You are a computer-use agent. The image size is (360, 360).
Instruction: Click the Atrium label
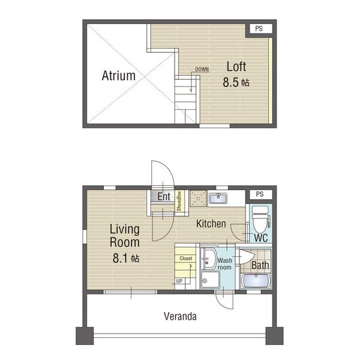pyautogui.click(x=118, y=76)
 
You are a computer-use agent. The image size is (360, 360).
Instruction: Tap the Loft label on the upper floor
pyautogui.click(x=236, y=67)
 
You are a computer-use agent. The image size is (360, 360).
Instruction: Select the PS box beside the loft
pyautogui.click(x=259, y=29)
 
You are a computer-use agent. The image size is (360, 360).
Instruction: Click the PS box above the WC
pyautogui.click(x=260, y=194)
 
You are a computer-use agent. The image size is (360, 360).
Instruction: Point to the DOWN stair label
pyautogui.click(x=202, y=69)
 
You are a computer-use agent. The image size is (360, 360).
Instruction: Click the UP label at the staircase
pyautogui.click(x=179, y=281)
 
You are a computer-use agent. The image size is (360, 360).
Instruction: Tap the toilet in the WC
pyautogui.click(x=260, y=219)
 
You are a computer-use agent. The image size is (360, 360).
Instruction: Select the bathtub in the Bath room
pyautogui.click(x=256, y=281)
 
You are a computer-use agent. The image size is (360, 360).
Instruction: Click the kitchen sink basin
pyautogui.click(x=218, y=198)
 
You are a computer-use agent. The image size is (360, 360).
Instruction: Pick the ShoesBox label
pyautogui.click(x=179, y=202)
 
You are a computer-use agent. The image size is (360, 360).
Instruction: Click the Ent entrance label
pyautogui.click(x=164, y=197)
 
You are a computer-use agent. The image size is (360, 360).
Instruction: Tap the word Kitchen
pyautogui.click(x=211, y=224)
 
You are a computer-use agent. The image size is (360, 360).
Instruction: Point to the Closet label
pyautogui.click(x=186, y=259)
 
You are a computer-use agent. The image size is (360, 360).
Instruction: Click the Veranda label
pyautogui.click(x=180, y=316)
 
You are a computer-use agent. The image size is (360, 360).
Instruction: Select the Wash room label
pyautogui.click(x=224, y=264)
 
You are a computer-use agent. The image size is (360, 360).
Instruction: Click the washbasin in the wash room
pyautogui.click(x=208, y=258)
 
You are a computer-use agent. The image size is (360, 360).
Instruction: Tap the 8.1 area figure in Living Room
pyautogui.click(x=120, y=258)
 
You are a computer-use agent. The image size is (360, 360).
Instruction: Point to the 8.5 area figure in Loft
pyautogui.click(x=231, y=82)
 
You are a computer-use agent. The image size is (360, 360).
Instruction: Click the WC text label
pyautogui.click(x=261, y=238)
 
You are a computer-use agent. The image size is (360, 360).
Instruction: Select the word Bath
pyautogui.click(x=260, y=265)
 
